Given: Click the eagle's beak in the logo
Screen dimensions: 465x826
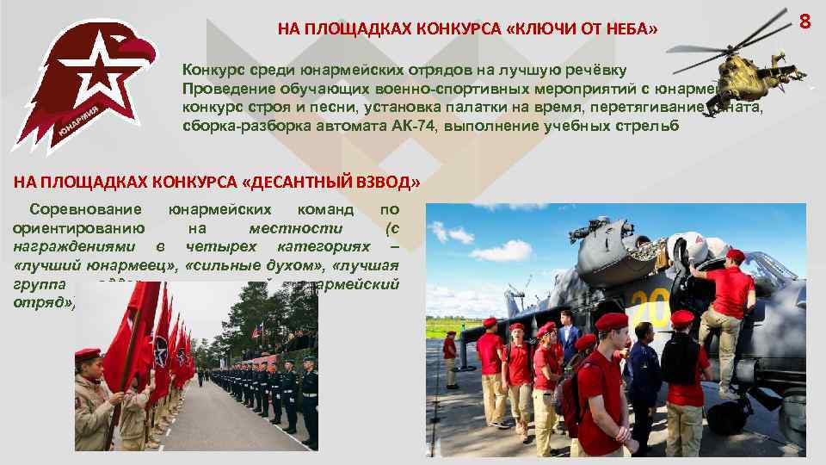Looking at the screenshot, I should (x=148, y=53).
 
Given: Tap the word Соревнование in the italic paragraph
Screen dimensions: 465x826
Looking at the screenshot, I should (x=84, y=209).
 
